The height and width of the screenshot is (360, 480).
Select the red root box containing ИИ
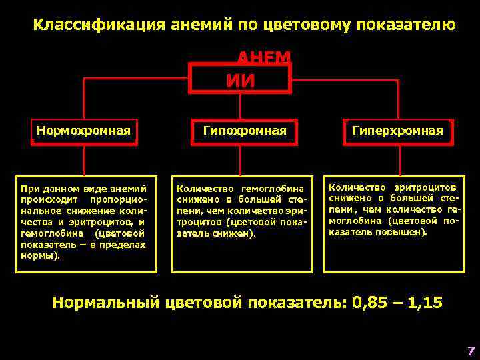[x=240, y=79]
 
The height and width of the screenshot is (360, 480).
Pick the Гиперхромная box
[x=398, y=131]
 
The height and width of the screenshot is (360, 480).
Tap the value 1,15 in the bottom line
[x=423, y=302]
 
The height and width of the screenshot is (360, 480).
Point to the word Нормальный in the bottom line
[x=106, y=302]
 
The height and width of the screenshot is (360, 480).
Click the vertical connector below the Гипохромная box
[x=242, y=159]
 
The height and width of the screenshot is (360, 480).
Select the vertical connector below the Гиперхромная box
[x=399, y=159]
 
